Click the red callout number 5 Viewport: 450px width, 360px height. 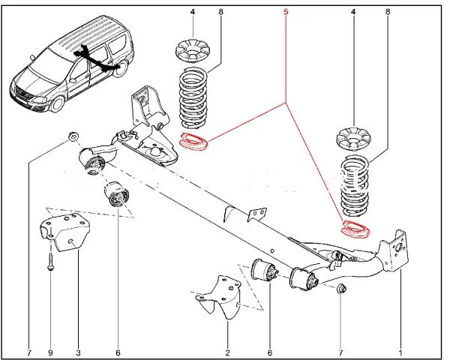click(286, 12)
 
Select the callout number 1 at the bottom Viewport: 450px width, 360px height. click(400, 352)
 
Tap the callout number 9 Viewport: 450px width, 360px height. click(51, 352)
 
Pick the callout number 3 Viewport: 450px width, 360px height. click(78, 352)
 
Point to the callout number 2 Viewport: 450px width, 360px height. click(227, 352)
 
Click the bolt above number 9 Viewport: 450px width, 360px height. click(50, 261)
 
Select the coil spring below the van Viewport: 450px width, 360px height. click(193, 97)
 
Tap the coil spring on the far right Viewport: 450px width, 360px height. click(355, 186)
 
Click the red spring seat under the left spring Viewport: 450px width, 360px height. click(194, 142)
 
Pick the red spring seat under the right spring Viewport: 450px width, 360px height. click(355, 229)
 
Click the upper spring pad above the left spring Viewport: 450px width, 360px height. click(193, 52)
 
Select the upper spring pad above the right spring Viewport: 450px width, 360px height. click(353, 139)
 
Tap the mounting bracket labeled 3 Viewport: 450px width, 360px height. click(64, 232)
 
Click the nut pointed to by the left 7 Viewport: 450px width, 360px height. click(73, 137)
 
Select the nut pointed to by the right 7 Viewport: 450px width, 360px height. click(340, 288)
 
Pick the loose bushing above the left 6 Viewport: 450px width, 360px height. click(115, 193)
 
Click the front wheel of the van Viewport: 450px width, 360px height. click(57, 103)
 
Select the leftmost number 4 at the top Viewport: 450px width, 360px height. click(193, 12)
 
